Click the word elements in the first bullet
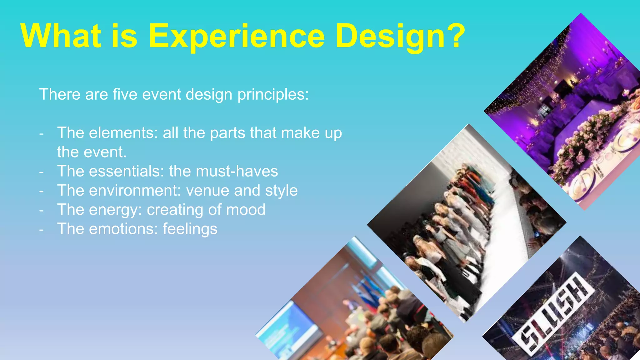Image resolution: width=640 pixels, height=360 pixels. tap(123, 133)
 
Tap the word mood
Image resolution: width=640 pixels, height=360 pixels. tap(246, 210)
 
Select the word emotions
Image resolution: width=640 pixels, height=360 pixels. tap(123, 229)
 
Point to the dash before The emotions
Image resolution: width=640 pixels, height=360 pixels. tap(42, 229)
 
